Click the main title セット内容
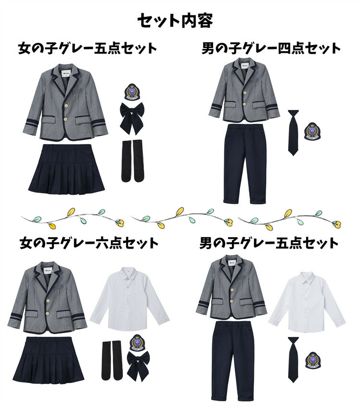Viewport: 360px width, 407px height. click(175, 21)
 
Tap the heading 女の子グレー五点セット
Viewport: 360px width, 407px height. click(87, 48)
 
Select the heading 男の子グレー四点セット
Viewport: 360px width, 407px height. click(271, 48)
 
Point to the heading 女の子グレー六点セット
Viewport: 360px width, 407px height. click(89, 244)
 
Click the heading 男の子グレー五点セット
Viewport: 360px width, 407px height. click(269, 243)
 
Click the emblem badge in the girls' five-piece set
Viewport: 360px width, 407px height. click(132, 92)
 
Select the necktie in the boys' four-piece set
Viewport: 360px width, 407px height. click(293, 132)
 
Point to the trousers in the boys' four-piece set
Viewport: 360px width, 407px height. click(245, 164)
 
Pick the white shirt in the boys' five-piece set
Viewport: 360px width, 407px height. click(307, 302)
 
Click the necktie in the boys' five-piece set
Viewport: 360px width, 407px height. click(293, 359)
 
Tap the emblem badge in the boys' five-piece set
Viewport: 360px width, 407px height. click(313, 360)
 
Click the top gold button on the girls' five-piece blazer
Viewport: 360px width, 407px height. click(66, 106)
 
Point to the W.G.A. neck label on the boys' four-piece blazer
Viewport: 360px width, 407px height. click(245, 66)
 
